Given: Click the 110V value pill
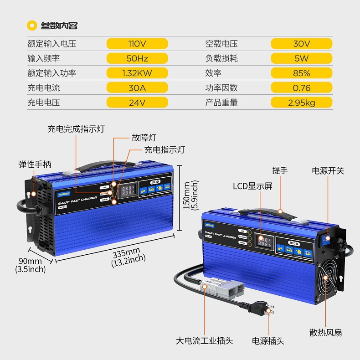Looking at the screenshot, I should (137, 44).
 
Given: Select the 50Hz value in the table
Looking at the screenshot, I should (137, 58).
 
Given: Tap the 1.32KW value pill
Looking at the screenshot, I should (137, 73).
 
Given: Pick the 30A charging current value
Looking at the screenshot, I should (137, 87).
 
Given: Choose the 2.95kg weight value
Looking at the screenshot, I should (301, 103).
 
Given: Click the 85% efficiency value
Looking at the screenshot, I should (301, 73).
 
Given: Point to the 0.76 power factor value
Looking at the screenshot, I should (301, 87).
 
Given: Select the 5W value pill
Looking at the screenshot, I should (301, 58).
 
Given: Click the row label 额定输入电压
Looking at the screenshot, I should (51, 44).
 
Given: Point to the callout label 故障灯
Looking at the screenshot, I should (144, 137).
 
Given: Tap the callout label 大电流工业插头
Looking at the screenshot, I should (205, 340).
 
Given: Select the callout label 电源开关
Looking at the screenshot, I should (328, 170).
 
